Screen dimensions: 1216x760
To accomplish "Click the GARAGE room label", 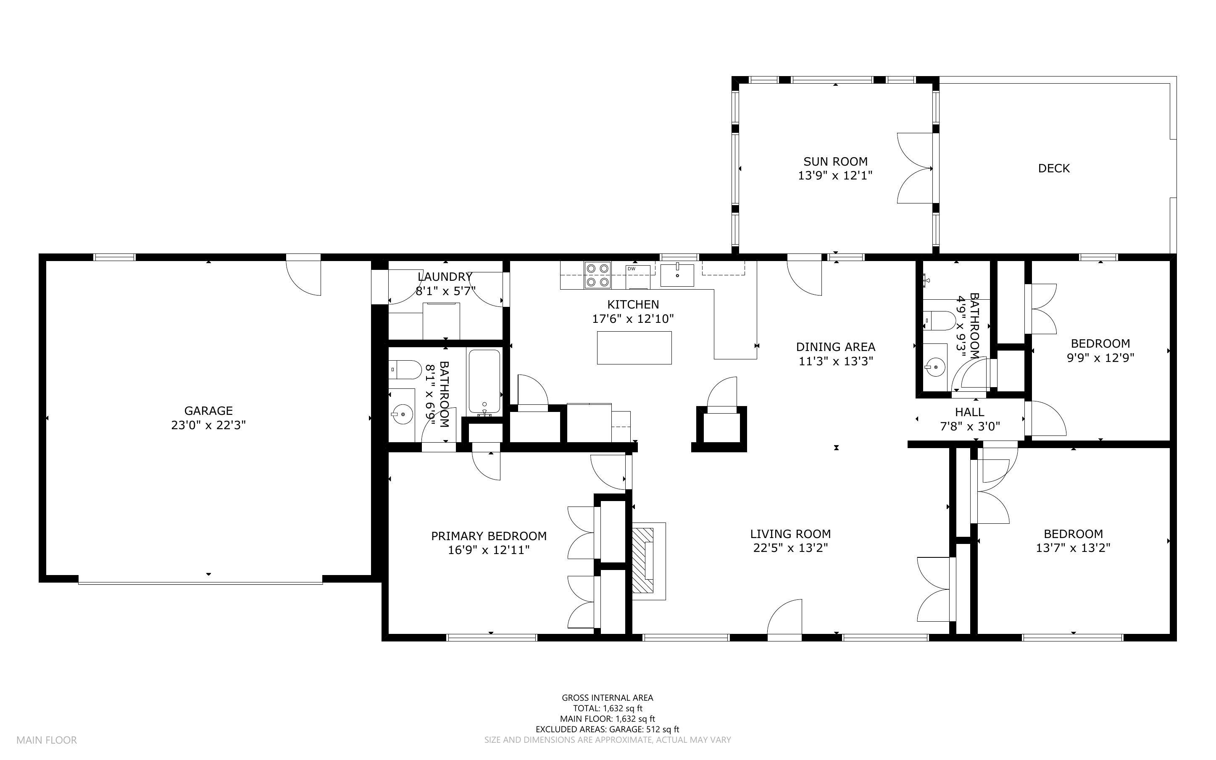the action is (x=208, y=411).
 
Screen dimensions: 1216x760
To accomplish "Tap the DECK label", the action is (x=1054, y=169).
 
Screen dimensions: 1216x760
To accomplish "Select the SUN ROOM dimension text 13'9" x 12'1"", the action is (x=835, y=175).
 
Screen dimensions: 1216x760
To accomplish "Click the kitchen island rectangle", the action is (x=634, y=347).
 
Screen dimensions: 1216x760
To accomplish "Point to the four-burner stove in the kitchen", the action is (x=597, y=275).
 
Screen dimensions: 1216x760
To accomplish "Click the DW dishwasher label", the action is (x=632, y=269).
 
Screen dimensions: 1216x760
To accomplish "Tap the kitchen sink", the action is (x=677, y=275).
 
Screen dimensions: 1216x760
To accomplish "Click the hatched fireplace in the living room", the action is (x=643, y=560).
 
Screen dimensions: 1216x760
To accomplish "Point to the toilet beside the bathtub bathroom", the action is (x=405, y=369).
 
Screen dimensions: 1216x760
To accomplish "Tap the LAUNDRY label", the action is (x=445, y=277).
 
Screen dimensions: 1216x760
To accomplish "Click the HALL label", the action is (x=969, y=412).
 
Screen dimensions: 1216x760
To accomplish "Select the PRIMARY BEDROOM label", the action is (x=489, y=536).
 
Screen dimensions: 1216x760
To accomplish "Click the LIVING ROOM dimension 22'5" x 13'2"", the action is (x=791, y=547).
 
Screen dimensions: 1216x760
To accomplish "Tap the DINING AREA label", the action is (x=836, y=347).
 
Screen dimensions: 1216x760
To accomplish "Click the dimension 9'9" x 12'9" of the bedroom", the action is (x=1100, y=358).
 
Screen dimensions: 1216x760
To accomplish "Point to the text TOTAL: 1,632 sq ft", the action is (x=608, y=708).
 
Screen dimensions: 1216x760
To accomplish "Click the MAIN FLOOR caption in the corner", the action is (x=47, y=740).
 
